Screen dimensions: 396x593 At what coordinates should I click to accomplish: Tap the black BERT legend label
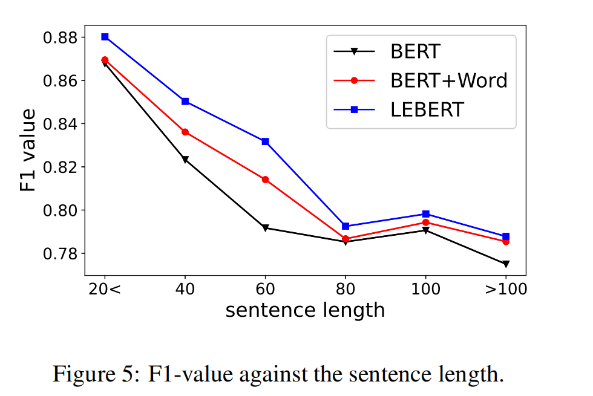click(416, 51)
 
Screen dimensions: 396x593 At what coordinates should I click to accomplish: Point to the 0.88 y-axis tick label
click(60, 37)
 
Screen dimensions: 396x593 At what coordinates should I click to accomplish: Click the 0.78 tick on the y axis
click(60, 253)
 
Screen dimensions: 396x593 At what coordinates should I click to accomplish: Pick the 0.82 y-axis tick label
click(60, 167)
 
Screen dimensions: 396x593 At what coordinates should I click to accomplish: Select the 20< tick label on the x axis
click(105, 289)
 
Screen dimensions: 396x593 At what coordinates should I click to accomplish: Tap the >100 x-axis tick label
click(505, 289)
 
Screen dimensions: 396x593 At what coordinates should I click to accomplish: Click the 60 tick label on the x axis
click(265, 289)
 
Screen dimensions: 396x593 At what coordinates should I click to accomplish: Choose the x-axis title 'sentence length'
click(305, 310)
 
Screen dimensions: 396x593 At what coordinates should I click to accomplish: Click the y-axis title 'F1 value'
click(28, 151)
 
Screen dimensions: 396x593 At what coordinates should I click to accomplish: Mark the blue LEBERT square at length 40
click(185, 101)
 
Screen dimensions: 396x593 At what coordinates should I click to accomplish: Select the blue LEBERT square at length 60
click(265, 141)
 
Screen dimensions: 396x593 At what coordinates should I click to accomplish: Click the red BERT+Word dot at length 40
click(185, 132)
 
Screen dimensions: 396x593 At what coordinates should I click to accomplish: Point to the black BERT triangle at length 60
click(265, 228)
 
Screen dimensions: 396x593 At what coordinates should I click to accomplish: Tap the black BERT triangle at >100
click(506, 264)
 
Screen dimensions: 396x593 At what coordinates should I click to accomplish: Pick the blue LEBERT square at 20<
click(105, 37)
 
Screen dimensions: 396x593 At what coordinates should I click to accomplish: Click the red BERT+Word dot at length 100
click(425, 222)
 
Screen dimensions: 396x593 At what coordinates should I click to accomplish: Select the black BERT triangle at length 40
click(185, 160)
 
